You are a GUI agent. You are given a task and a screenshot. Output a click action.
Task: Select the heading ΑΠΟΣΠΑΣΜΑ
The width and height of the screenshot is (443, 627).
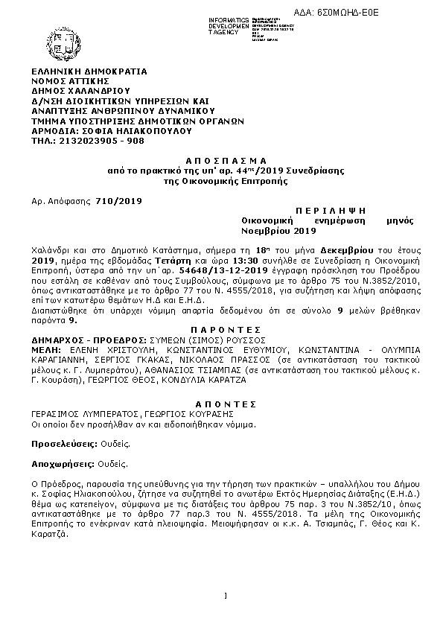click(x=221, y=162)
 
